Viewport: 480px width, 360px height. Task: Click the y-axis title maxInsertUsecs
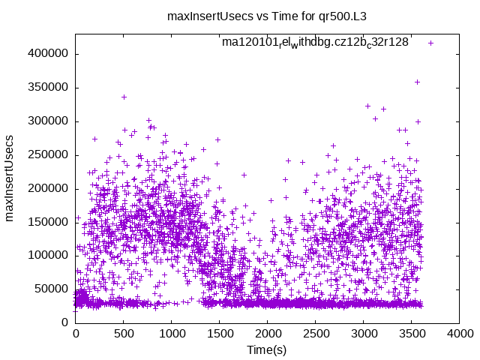click(10, 178)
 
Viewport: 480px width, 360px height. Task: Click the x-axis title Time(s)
click(267, 350)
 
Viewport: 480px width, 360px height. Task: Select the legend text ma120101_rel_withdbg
click(315, 43)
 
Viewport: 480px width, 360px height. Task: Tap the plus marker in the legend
click(430, 43)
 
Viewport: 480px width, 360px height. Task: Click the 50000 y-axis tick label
click(51, 289)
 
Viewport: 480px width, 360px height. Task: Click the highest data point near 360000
click(417, 82)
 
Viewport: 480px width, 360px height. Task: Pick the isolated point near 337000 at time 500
click(124, 97)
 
